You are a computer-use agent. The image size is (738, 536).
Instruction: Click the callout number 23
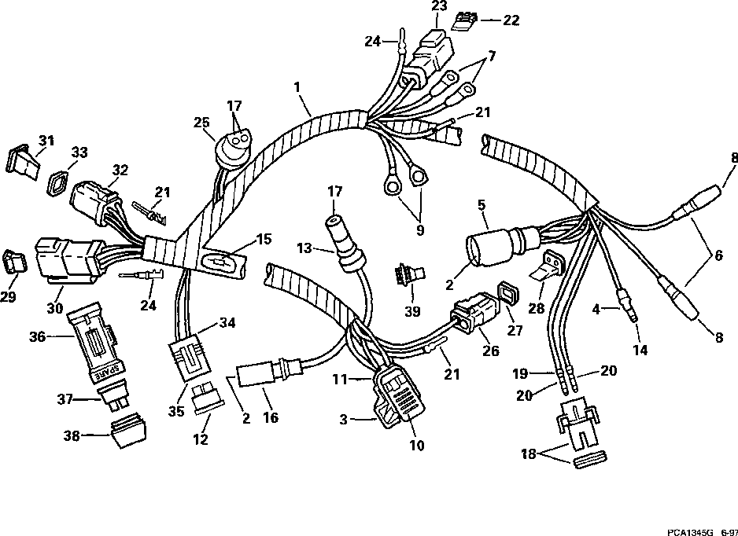click(438, 7)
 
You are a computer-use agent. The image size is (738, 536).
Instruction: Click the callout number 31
click(46, 141)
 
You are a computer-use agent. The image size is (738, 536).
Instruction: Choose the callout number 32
click(120, 169)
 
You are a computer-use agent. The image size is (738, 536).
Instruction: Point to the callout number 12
click(201, 440)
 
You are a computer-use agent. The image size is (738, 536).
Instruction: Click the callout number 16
click(270, 418)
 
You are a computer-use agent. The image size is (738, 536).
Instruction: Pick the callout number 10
click(416, 445)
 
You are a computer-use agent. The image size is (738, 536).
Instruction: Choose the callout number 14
click(640, 351)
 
